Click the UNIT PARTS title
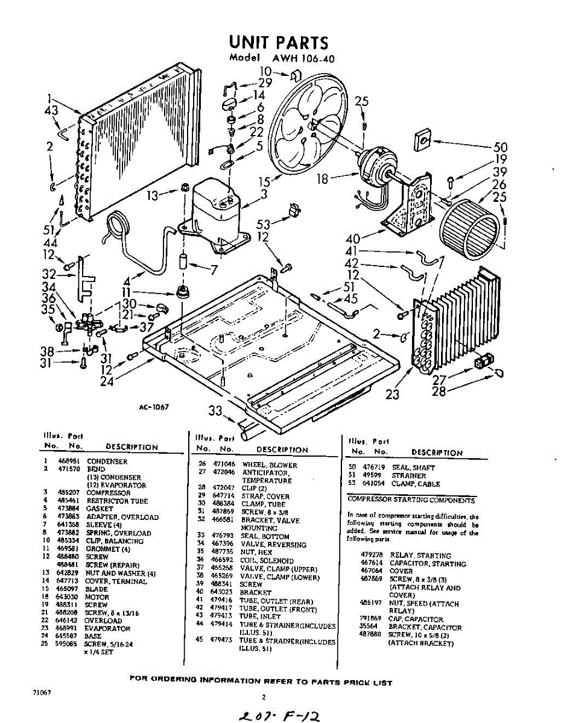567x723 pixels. point(278,43)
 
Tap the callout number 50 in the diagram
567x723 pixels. point(500,147)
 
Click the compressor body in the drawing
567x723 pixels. point(217,211)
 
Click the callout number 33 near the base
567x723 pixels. point(215,411)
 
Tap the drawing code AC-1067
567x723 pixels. point(153,407)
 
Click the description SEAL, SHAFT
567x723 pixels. point(413,468)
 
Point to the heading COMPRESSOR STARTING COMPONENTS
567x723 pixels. point(411,500)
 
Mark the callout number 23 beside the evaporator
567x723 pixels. point(393,395)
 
